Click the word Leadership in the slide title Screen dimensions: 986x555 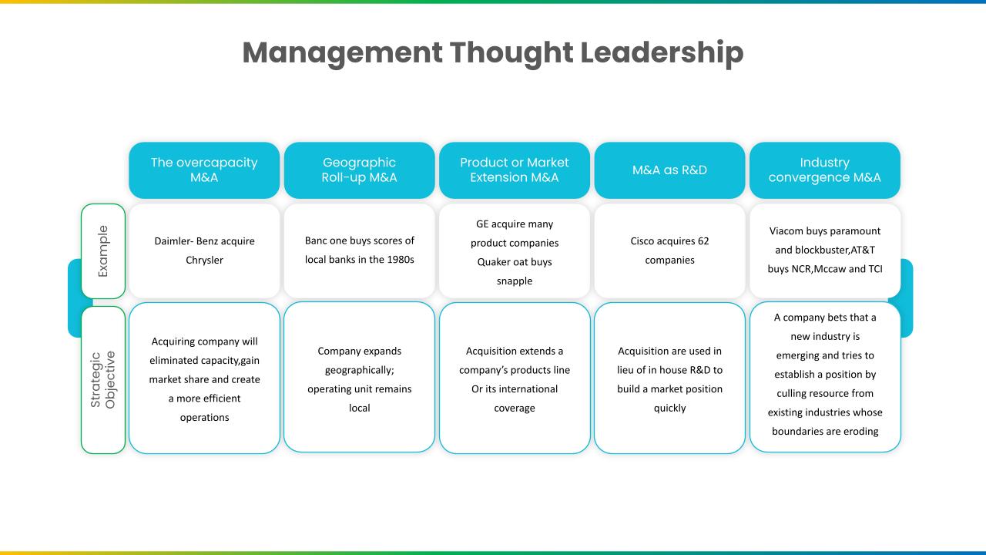pyautogui.click(x=662, y=53)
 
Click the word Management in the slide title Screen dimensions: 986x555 pyautogui.click(x=343, y=54)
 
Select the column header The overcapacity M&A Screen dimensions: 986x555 pyautogui.click(x=204, y=170)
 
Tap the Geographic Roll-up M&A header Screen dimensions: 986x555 pyautogui.click(x=359, y=170)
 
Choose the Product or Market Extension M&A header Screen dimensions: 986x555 pyautogui.click(x=515, y=170)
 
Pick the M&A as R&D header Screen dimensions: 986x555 pyautogui.click(x=669, y=170)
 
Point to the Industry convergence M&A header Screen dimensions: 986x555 pyautogui.click(x=825, y=170)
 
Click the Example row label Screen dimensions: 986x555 pyautogui.click(x=103, y=251)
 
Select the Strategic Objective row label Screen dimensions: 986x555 pyautogui.click(x=103, y=380)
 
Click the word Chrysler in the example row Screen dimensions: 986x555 pyautogui.click(x=204, y=261)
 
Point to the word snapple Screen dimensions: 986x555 pyautogui.click(x=515, y=281)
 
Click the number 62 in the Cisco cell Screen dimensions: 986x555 pyautogui.click(x=703, y=241)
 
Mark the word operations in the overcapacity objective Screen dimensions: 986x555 pyautogui.click(x=204, y=418)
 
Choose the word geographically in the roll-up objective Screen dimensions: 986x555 pyautogui.click(x=359, y=371)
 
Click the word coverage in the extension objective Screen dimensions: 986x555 pyautogui.click(x=515, y=409)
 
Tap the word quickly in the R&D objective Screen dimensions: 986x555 pyautogui.click(x=669, y=409)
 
